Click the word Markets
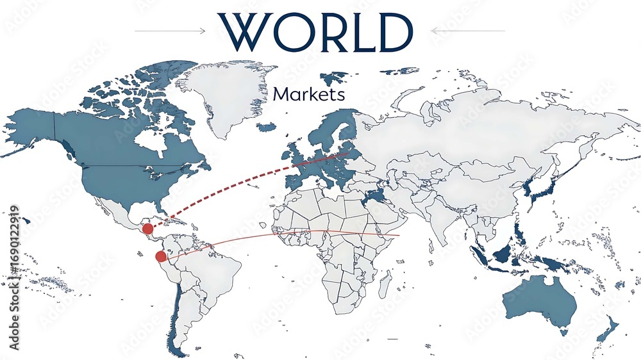309,95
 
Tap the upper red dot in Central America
147,229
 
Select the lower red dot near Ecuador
161,256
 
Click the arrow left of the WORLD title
170,30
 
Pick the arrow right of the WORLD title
468,30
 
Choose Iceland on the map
266,127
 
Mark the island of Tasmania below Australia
564,332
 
